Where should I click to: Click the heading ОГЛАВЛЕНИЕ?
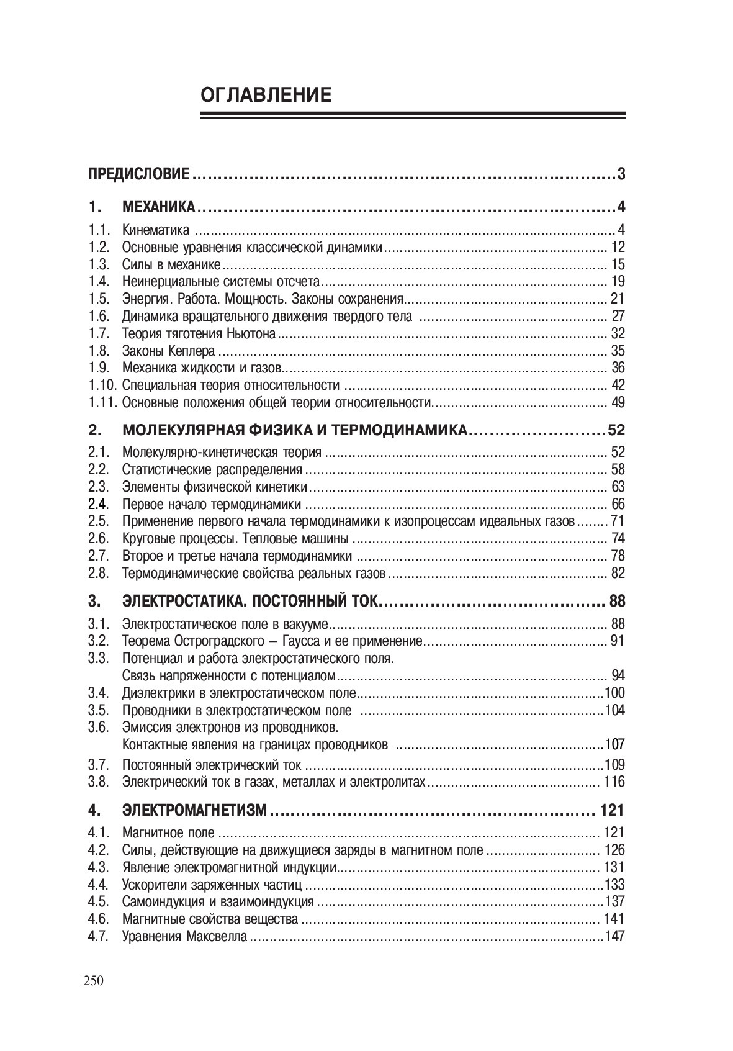(266, 96)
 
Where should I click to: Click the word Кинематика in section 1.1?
(156, 230)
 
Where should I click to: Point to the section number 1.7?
(99, 333)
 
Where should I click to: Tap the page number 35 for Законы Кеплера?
(618, 351)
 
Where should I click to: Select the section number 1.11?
(102, 402)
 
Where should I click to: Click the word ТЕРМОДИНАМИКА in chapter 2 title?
(398, 430)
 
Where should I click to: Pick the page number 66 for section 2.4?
(618, 504)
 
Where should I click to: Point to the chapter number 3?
(94, 601)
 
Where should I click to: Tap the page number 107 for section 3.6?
(614, 744)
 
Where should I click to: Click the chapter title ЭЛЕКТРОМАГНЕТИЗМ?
(195, 810)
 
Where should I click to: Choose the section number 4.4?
(99, 885)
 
